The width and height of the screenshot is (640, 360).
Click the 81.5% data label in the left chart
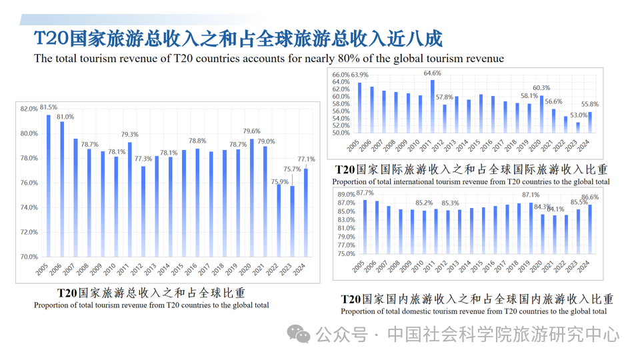click(x=49, y=107)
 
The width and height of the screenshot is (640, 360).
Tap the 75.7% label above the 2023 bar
click(x=291, y=170)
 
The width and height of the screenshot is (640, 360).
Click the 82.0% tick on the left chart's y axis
click(x=29, y=109)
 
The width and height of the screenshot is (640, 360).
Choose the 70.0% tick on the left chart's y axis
click(x=29, y=257)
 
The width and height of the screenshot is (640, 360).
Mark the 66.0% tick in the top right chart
click(x=341, y=75)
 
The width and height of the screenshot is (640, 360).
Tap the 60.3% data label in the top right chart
click(x=541, y=88)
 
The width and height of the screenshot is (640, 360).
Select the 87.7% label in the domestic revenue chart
click(x=365, y=193)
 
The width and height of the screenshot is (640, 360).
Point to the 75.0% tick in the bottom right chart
click(x=346, y=253)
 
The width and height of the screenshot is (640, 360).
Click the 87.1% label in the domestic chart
click(x=531, y=195)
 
